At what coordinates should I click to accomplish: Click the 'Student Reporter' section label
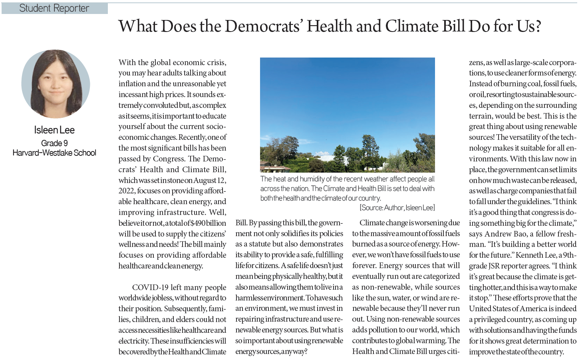pyautogui.click(x=54, y=8)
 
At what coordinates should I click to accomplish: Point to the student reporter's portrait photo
pyautogui.click(x=56, y=84)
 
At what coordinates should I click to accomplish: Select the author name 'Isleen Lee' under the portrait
pyautogui.click(x=54, y=130)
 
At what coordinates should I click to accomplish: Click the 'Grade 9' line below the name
pyautogui.click(x=54, y=143)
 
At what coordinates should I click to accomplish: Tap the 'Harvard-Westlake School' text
pyautogui.click(x=54, y=153)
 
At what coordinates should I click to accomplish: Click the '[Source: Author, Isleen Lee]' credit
pyautogui.click(x=397, y=208)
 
